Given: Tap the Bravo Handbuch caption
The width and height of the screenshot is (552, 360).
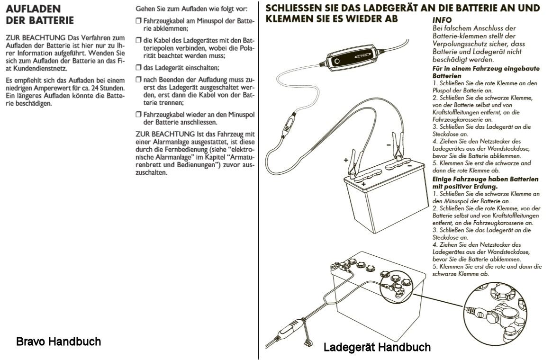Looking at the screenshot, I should pos(58,341).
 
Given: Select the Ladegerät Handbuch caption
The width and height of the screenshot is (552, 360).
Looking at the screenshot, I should pos(377,347).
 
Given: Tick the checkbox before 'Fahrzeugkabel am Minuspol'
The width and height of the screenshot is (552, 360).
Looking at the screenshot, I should pos(138,21).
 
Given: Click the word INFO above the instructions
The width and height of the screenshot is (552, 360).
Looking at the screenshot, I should pos(442,21).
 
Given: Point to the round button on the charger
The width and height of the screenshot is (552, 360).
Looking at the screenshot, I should pos(336,62).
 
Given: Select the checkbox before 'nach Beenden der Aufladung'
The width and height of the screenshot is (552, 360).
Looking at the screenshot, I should pos(138,80).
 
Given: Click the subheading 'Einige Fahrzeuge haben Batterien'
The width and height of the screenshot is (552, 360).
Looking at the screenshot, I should pos(485,179).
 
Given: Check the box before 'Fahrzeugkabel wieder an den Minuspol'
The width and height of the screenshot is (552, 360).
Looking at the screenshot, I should pos(138,115).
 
